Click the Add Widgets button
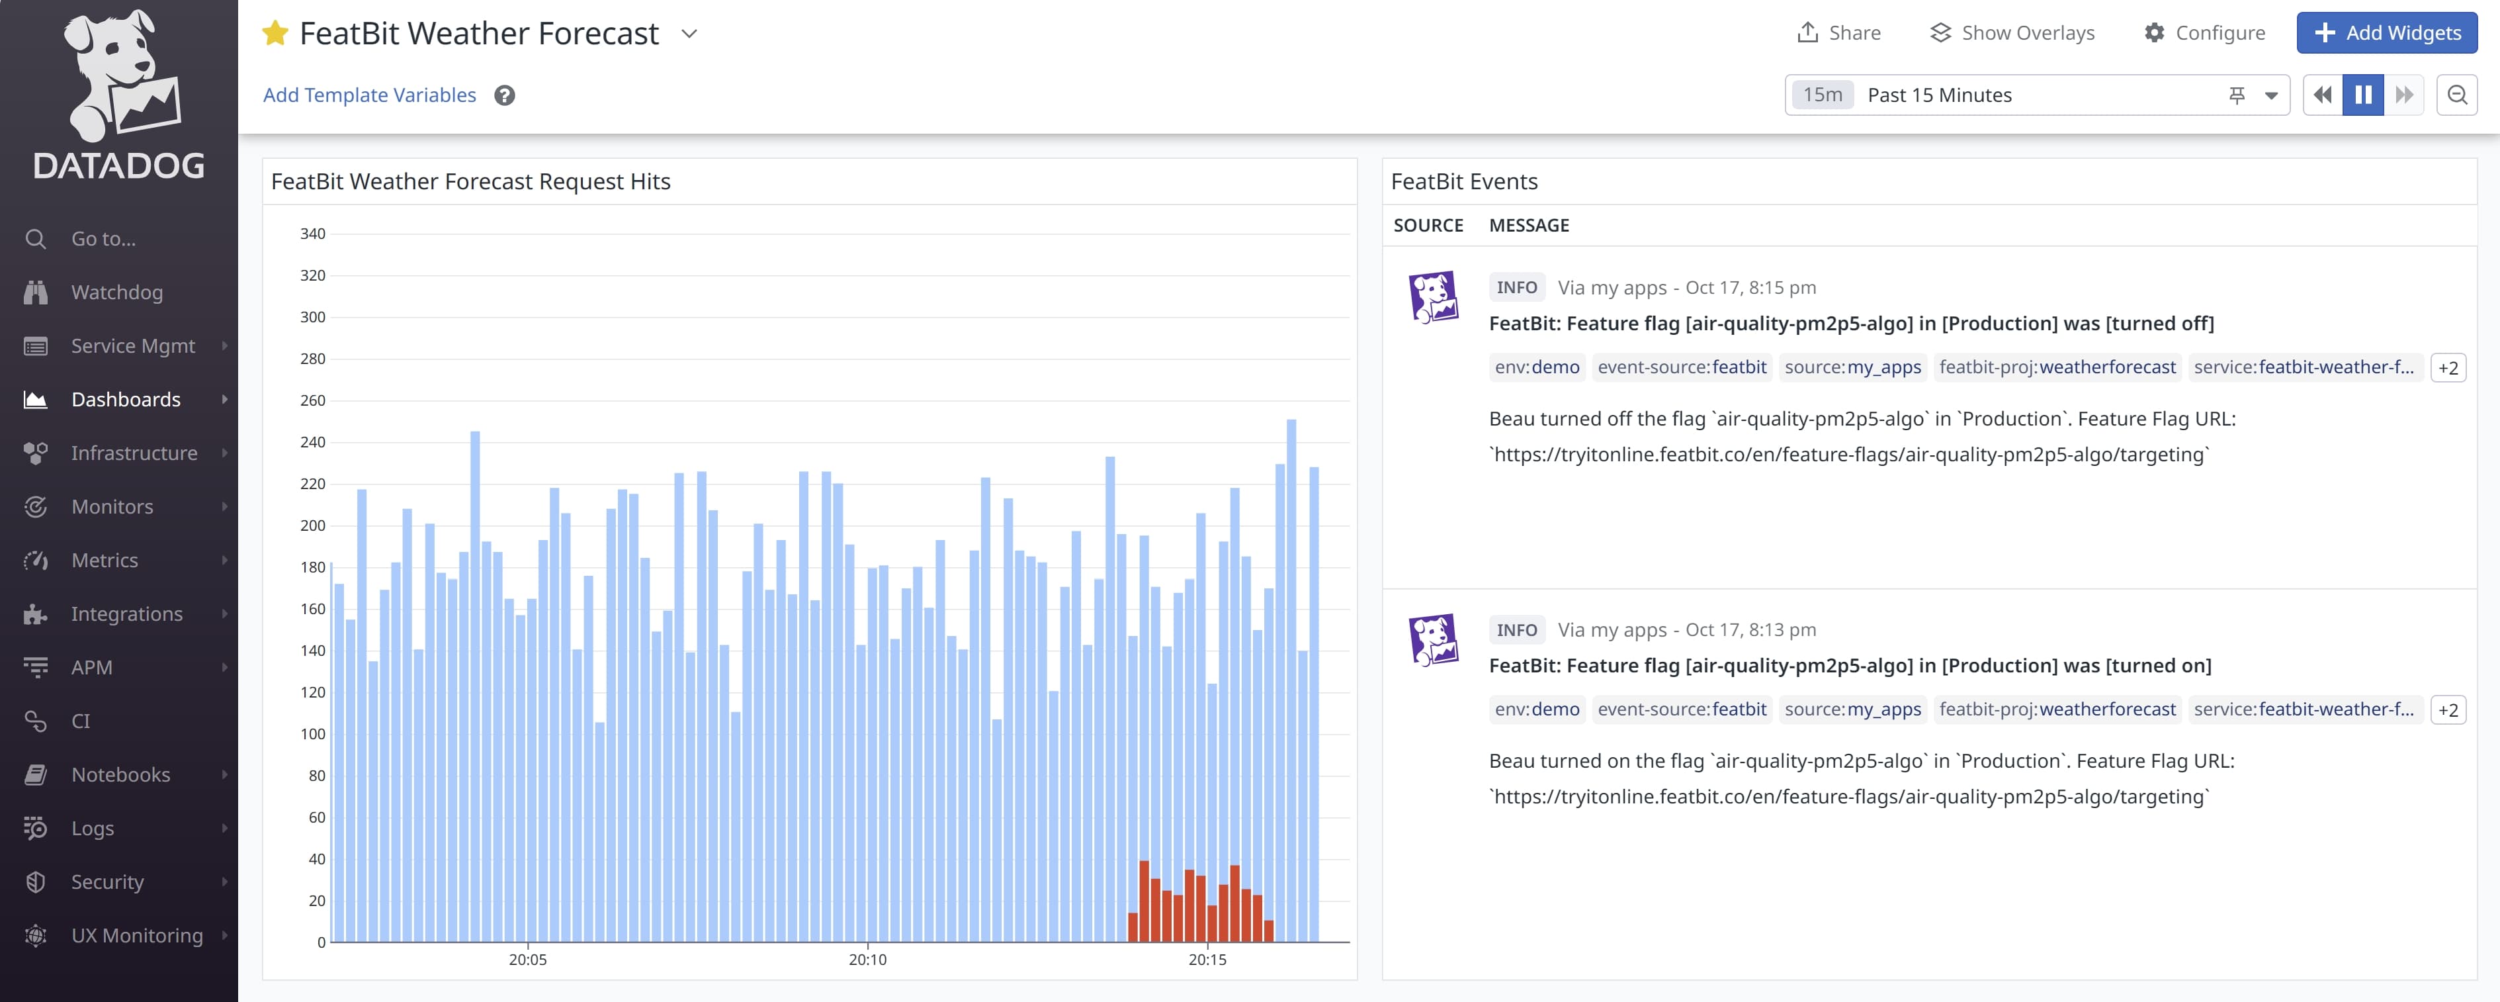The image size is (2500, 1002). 2386,33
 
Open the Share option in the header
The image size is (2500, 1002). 1838,33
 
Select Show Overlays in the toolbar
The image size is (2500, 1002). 2012,33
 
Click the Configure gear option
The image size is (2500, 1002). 2205,33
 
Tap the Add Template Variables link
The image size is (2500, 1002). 368,95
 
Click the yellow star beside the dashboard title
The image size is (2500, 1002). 275,34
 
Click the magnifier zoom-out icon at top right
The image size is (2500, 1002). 2456,95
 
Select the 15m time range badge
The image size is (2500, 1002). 1822,95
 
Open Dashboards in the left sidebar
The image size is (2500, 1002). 125,400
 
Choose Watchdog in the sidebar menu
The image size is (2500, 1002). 116,293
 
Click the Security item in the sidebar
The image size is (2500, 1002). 107,882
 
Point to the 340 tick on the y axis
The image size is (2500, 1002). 312,234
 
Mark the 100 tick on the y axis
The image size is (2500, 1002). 312,734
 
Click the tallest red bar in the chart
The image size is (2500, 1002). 1144,901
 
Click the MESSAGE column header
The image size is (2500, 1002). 1529,225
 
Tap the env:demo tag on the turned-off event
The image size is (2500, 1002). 1536,367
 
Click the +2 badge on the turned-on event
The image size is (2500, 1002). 2448,709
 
